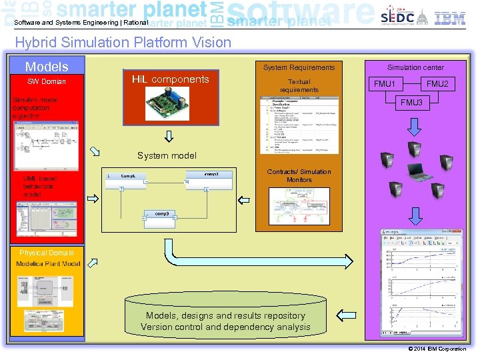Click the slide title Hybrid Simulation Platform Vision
[123, 43]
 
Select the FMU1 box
[385, 85]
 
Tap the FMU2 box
[437, 85]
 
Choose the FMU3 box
[411, 103]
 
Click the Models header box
[47, 67]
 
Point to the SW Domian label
[47, 82]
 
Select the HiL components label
[170, 79]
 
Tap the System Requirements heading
[299, 67]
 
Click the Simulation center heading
[415, 67]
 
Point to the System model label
[167, 156]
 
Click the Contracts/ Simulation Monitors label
[299, 176]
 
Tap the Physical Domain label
[47, 253]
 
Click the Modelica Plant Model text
[48, 264]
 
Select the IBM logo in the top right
[450, 18]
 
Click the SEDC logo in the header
[397, 17]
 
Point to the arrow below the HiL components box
[169, 137]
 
